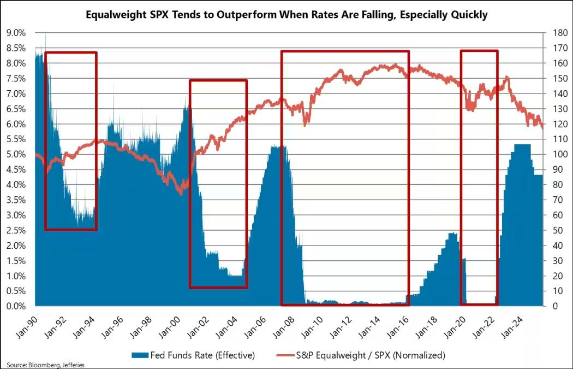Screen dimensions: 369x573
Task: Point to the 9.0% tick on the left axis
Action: tap(15, 33)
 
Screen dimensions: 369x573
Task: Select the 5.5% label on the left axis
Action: tap(15, 139)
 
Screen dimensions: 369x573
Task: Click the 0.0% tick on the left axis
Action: tap(15, 306)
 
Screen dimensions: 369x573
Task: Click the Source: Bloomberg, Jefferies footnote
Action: tap(46, 365)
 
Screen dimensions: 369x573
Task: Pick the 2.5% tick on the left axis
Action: tap(15, 230)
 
